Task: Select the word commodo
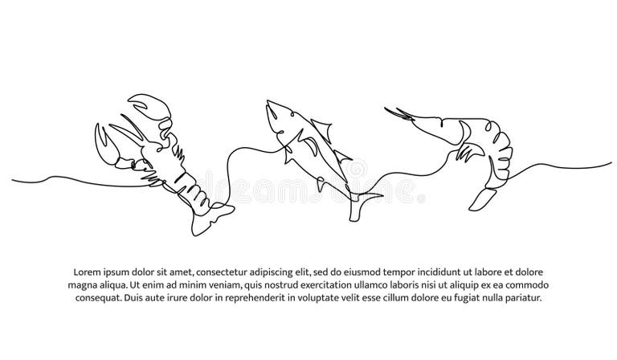(522, 284)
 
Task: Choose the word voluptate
(342, 297)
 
